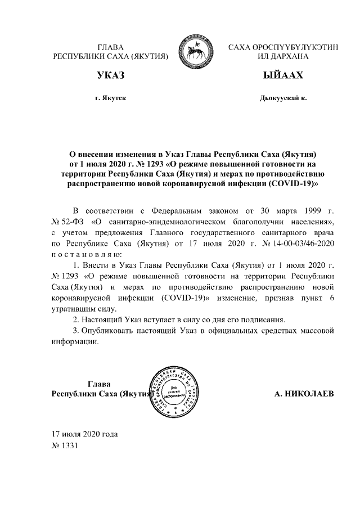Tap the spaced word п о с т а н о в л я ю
[91, 255]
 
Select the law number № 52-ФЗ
[66, 223]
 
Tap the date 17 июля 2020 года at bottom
[84, 434]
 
